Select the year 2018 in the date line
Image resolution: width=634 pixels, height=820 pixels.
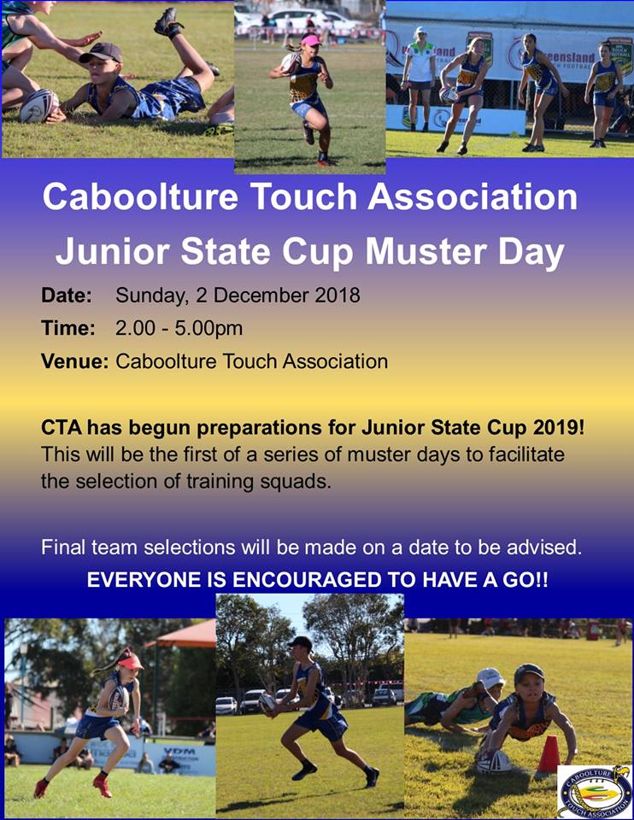(337, 296)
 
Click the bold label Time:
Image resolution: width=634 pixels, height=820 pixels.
(68, 328)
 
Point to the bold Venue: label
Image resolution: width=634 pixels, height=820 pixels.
(75, 361)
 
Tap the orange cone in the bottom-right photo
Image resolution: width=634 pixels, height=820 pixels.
(549, 754)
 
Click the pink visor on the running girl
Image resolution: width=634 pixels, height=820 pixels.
(311, 40)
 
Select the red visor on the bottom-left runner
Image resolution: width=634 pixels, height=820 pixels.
(130, 663)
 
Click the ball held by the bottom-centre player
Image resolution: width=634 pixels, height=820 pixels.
(267, 703)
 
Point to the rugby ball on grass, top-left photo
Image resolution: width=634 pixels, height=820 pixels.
(39, 106)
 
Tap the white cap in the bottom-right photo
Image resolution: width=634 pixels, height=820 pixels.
(490, 678)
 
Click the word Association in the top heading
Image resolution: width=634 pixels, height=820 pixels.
(473, 197)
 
